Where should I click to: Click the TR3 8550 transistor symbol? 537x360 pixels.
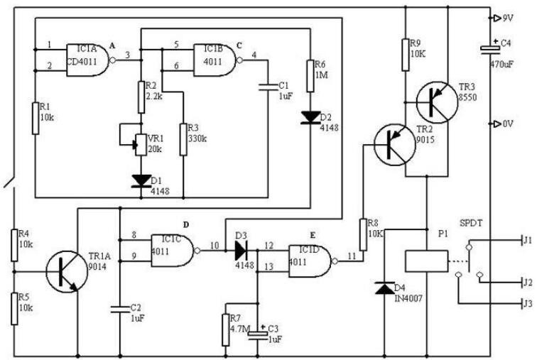tap(437, 102)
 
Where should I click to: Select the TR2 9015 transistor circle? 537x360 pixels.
tap(394, 145)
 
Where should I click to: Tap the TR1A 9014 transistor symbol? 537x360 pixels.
tap(67, 272)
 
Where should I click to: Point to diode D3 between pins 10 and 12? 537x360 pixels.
tap(241, 251)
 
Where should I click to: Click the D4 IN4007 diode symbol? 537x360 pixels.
tap(384, 288)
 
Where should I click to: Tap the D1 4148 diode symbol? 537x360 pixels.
tap(141, 181)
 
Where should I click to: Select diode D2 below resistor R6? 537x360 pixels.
tap(310, 117)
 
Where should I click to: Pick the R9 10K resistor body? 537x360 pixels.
tap(406, 55)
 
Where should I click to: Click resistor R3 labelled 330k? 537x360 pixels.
tap(183, 140)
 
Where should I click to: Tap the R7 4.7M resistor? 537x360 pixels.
tap(226, 329)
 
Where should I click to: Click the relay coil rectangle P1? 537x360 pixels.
tap(427, 261)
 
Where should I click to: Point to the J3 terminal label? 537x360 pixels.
tap(528, 303)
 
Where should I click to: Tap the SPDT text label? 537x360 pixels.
tap(471, 223)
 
